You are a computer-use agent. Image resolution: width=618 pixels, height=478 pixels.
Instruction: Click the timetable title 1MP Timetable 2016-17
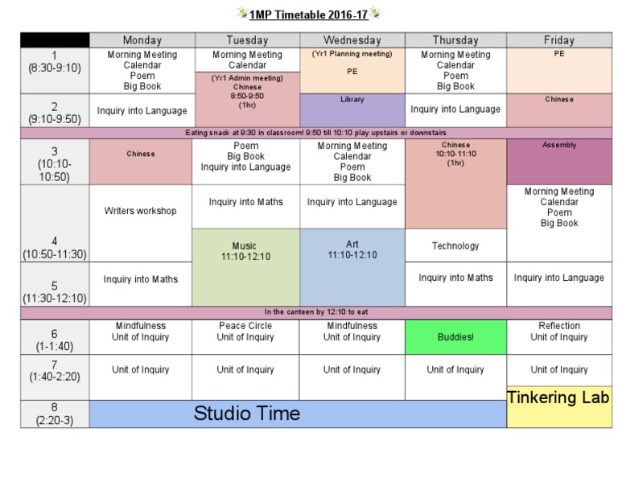click(x=309, y=14)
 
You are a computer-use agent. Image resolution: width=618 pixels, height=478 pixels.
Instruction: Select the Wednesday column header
click(x=352, y=40)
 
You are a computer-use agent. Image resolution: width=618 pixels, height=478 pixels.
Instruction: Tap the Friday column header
click(x=558, y=40)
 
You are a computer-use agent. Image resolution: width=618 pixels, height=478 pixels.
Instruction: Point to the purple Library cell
click(x=352, y=110)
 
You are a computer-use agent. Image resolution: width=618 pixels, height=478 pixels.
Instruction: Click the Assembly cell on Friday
click(x=558, y=162)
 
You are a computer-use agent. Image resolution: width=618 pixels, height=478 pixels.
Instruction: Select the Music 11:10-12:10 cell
click(x=245, y=267)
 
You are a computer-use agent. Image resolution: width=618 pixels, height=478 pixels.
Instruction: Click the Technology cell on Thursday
click(x=455, y=245)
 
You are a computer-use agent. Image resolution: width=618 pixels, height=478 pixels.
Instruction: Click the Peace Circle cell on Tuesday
click(x=245, y=337)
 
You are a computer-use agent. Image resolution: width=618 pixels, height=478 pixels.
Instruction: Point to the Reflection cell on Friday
click(x=558, y=337)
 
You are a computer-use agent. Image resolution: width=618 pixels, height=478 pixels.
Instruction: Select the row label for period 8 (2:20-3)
click(x=55, y=414)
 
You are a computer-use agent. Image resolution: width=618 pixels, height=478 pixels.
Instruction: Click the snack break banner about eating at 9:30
click(x=315, y=133)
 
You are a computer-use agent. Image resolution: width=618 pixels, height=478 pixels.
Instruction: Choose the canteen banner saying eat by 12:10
click(x=315, y=312)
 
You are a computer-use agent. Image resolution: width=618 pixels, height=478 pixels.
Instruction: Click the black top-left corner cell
click(x=55, y=40)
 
